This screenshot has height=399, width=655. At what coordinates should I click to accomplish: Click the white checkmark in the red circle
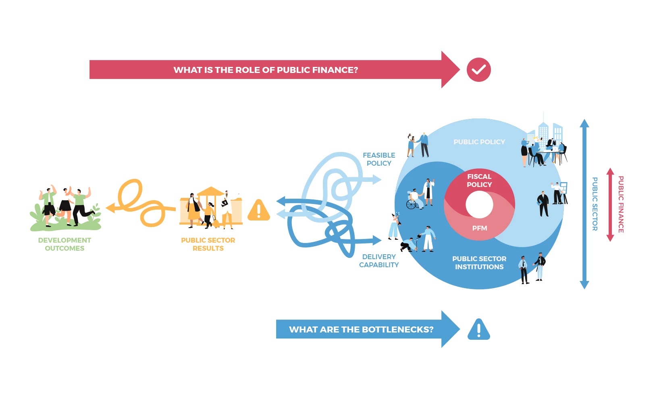click(478, 70)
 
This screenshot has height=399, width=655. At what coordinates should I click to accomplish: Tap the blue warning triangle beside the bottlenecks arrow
click(478, 330)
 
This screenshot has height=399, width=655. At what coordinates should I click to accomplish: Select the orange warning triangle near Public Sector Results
click(259, 210)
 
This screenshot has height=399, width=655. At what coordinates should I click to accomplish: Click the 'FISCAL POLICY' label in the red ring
click(479, 181)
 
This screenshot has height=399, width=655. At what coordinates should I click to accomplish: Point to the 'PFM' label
click(480, 228)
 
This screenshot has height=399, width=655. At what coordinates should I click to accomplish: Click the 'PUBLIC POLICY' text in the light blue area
click(479, 142)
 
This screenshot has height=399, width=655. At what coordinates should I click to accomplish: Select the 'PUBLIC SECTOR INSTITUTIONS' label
click(479, 263)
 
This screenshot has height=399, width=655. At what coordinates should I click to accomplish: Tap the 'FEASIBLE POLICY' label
click(379, 159)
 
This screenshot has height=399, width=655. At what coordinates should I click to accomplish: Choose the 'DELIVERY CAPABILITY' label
click(379, 261)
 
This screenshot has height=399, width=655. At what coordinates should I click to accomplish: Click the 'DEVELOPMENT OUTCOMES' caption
click(64, 244)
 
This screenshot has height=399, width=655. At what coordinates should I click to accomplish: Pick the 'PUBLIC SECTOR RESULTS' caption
click(208, 244)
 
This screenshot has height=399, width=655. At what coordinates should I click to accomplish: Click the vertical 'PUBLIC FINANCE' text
click(621, 204)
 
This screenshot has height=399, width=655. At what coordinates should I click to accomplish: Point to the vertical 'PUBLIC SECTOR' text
click(595, 204)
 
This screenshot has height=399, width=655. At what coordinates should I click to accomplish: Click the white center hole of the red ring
click(479, 204)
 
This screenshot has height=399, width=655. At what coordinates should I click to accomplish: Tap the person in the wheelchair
click(414, 199)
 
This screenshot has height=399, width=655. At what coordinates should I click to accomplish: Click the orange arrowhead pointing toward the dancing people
click(110, 208)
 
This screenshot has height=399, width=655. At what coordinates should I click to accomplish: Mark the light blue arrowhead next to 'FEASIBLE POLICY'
click(377, 179)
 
